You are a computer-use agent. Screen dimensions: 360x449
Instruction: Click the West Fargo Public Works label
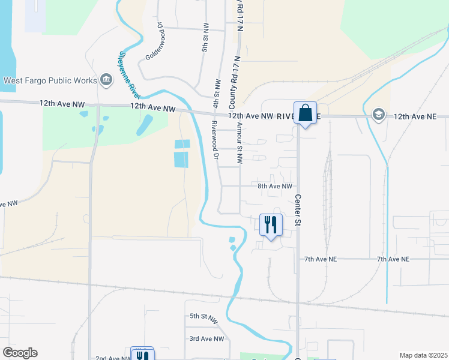pyautogui.click(x=50, y=80)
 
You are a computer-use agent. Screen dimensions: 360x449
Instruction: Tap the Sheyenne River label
pyautogui.click(x=129, y=75)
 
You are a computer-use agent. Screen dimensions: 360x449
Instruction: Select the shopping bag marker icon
pyautogui.click(x=305, y=113)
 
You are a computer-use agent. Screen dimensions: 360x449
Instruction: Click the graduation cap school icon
pyautogui.click(x=378, y=114)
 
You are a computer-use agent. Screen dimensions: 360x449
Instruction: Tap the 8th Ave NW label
pyautogui.click(x=275, y=187)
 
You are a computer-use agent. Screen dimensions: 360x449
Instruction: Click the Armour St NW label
pyautogui.click(x=239, y=143)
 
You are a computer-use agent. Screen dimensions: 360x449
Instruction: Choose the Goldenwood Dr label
pyautogui.click(x=154, y=42)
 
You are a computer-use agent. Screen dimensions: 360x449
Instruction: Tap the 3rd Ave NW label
pyautogui.click(x=206, y=339)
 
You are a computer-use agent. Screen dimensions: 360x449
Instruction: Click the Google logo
pyautogui.click(x=20, y=353)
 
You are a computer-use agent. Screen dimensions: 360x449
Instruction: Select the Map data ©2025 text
pyautogui.click(x=423, y=355)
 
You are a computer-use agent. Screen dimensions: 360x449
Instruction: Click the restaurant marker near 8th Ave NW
pyautogui.click(x=270, y=225)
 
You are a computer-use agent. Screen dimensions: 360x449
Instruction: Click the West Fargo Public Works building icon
pyautogui.click(x=106, y=80)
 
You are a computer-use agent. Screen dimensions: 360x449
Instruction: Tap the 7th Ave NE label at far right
pyautogui.click(x=393, y=259)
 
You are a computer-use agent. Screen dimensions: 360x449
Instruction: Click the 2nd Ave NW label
pyautogui.click(x=113, y=358)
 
